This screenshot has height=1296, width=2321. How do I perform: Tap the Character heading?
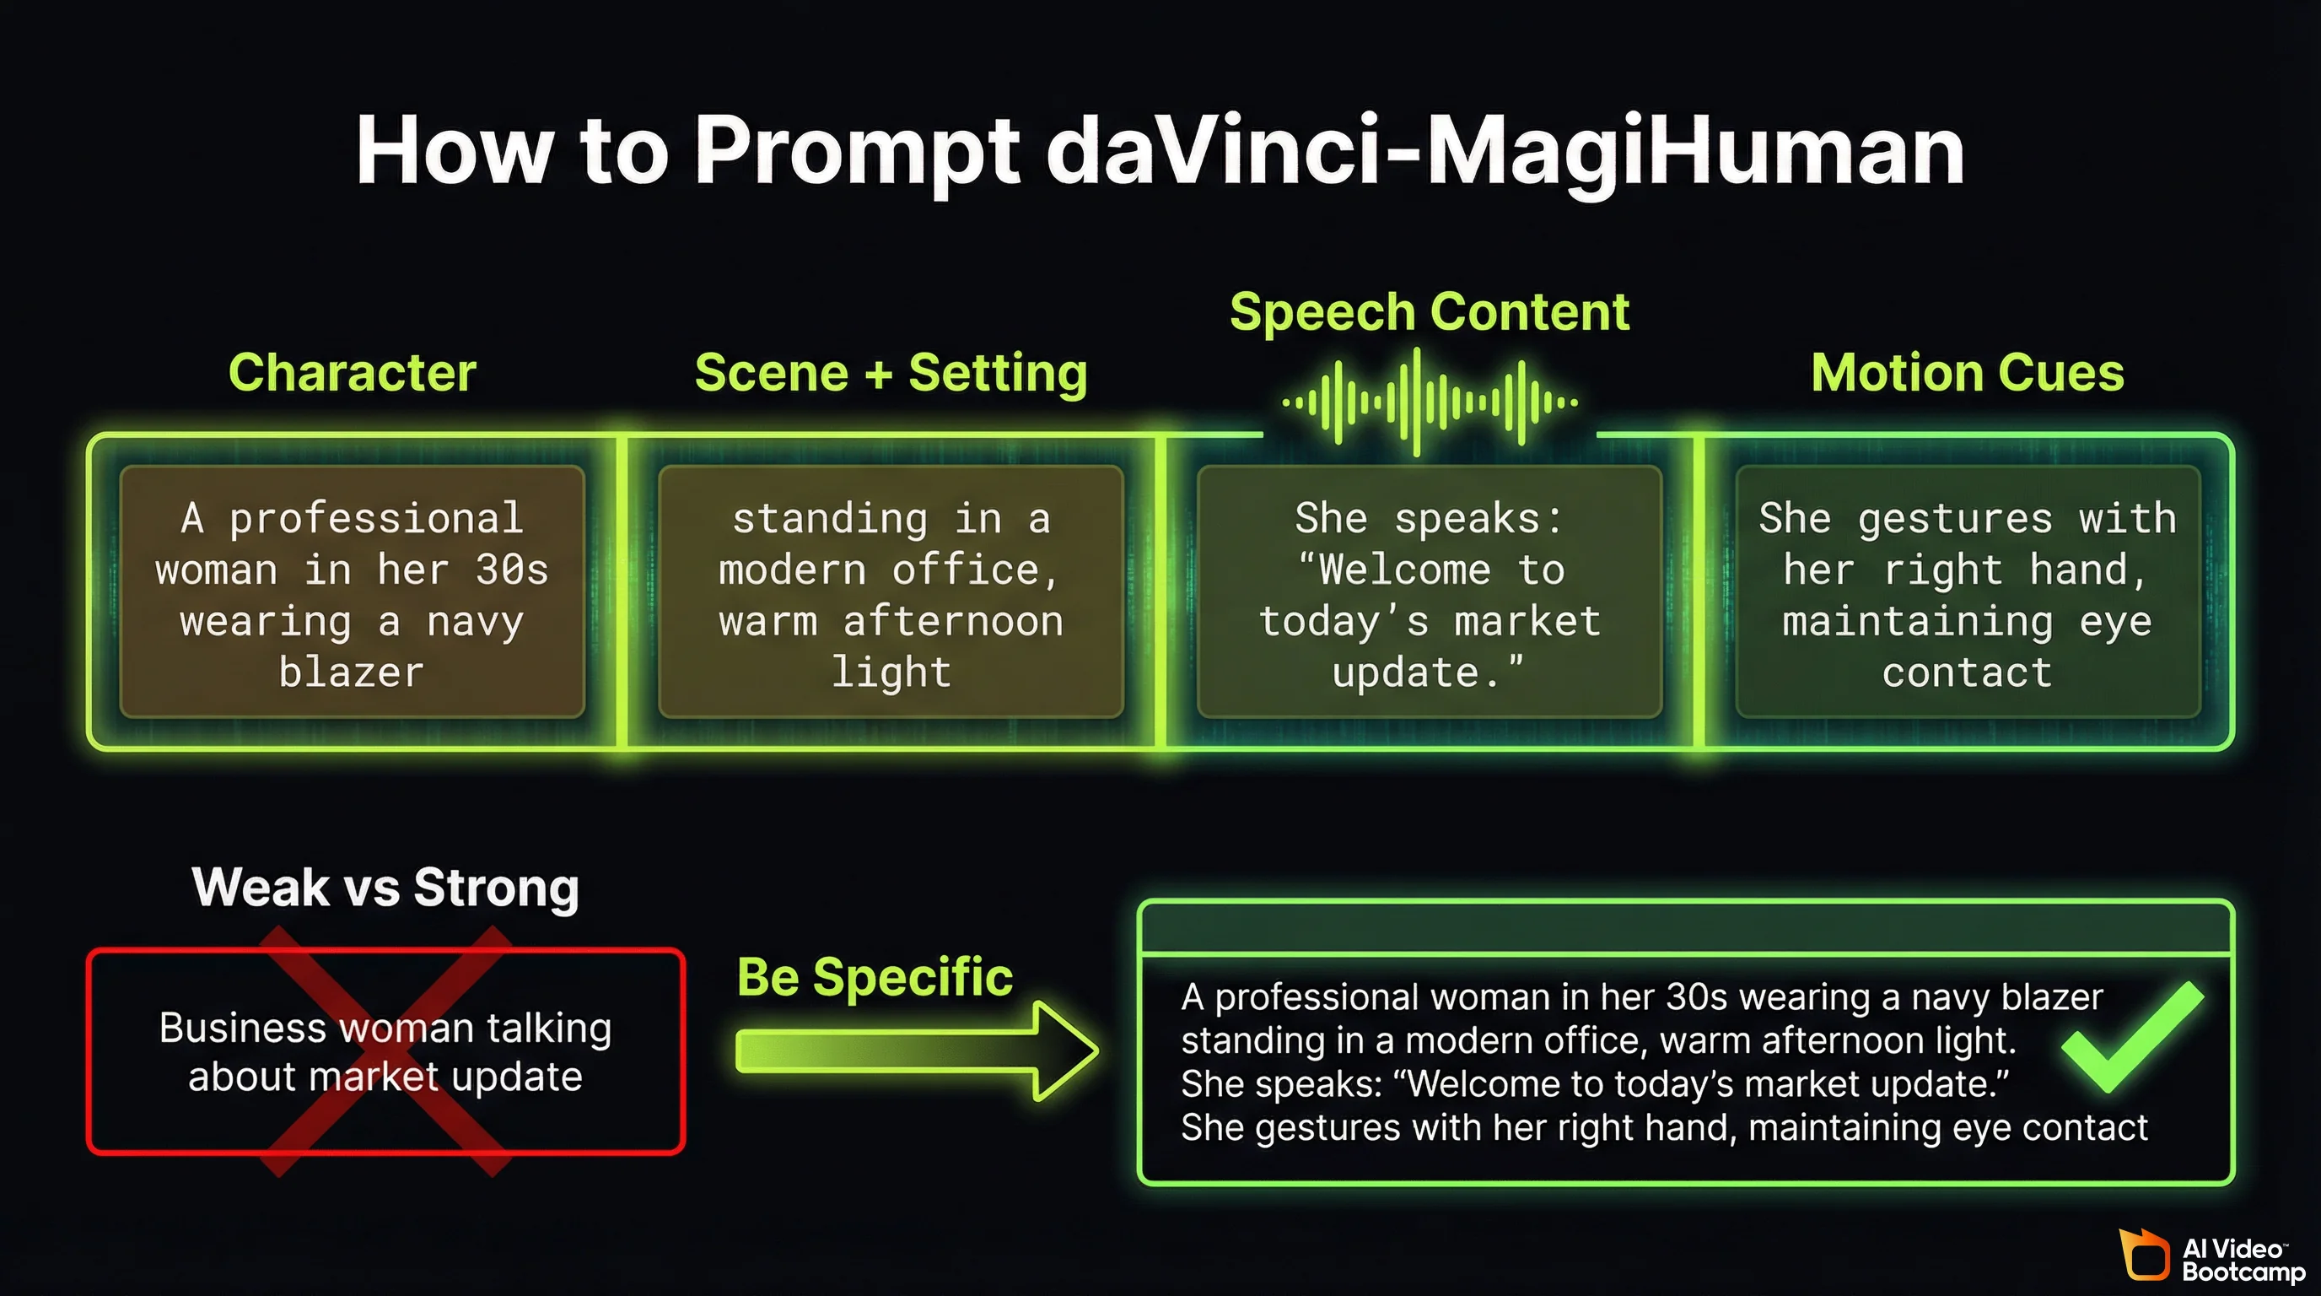tap(352, 372)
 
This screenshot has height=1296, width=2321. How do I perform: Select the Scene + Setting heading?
tap(891, 372)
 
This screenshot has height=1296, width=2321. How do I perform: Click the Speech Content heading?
tap(1429, 312)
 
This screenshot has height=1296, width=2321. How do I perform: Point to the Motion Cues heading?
tap(1967, 372)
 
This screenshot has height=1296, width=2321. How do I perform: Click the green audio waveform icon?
tap(1429, 402)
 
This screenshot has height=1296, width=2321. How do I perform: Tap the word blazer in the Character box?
tap(352, 672)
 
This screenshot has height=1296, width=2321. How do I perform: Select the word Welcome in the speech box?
tap(1403, 570)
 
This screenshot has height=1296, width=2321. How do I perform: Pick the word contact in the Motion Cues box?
tap(1967, 672)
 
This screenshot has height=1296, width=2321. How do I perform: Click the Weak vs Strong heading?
tap(385, 887)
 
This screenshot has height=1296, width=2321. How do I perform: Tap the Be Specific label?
tap(874, 977)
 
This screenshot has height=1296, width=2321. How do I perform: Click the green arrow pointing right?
tap(914, 1050)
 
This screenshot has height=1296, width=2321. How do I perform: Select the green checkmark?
tap(2132, 1039)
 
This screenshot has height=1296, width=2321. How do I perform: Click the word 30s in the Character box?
tap(511, 570)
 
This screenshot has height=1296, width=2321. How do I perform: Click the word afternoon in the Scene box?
tap(952, 621)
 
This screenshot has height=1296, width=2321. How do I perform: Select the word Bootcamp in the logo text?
tap(2243, 1272)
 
